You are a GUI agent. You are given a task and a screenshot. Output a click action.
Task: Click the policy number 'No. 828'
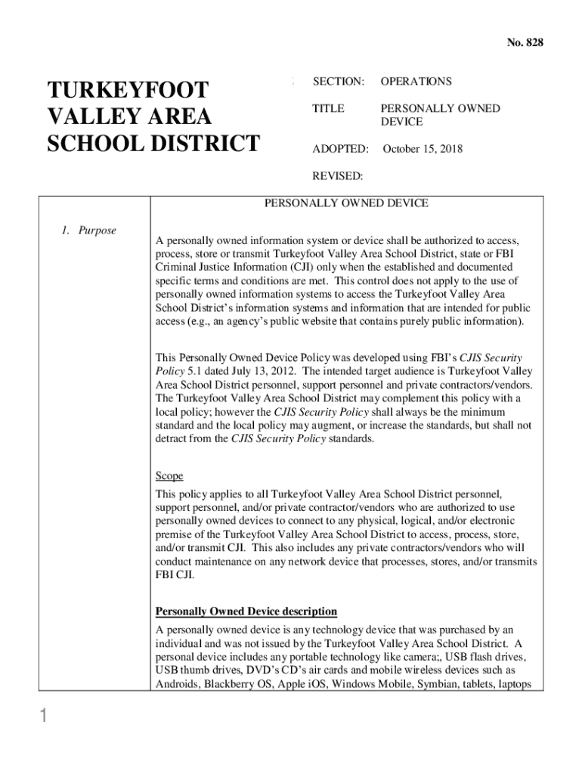(x=524, y=43)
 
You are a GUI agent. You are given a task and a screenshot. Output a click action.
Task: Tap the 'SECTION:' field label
(x=339, y=81)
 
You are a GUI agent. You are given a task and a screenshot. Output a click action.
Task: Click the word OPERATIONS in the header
(x=416, y=81)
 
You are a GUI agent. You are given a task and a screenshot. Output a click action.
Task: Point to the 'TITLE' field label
(x=328, y=108)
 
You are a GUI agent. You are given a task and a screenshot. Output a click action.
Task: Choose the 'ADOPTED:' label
(x=340, y=149)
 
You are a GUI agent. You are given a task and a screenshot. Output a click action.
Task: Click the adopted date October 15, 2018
(x=423, y=149)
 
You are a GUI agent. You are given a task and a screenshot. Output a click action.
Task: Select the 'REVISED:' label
(x=338, y=176)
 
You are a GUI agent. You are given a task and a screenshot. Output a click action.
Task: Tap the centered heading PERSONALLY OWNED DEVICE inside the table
(x=346, y=203)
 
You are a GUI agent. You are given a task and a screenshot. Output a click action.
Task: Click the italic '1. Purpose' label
(x=88, y=230)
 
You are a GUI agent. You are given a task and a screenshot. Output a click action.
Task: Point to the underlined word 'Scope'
(x=169, y=476)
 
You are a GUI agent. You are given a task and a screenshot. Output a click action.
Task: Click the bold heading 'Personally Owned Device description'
(x=246, y=611)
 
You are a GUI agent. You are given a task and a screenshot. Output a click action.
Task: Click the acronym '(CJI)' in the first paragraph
(x=302, y=268)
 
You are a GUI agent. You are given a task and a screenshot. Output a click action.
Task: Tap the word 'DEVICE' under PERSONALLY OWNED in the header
(x=401, y=122)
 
